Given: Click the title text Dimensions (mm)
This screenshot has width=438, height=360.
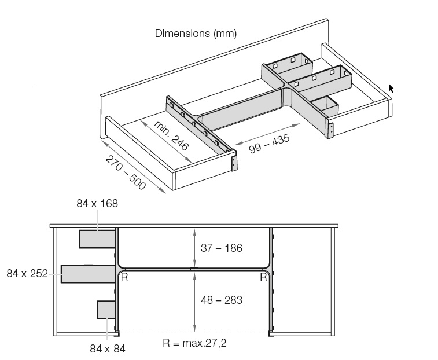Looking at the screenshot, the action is point(196,33).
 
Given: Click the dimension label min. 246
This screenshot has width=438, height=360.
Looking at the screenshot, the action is point(171,136).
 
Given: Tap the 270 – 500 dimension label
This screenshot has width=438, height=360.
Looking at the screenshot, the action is point(126,172).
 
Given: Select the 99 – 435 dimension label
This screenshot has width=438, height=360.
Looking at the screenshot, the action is point(269,144).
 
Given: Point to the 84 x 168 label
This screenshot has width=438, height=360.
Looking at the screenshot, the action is point(97,204).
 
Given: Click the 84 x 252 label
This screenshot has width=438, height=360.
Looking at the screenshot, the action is point(27,273).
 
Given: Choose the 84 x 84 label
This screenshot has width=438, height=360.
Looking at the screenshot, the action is point(108,348).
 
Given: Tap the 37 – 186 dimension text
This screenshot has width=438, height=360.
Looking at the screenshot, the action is point(222,248).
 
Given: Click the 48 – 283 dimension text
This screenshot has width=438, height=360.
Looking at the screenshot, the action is point(222,300).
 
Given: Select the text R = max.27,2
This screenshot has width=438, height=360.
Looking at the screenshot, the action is point(194,343).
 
